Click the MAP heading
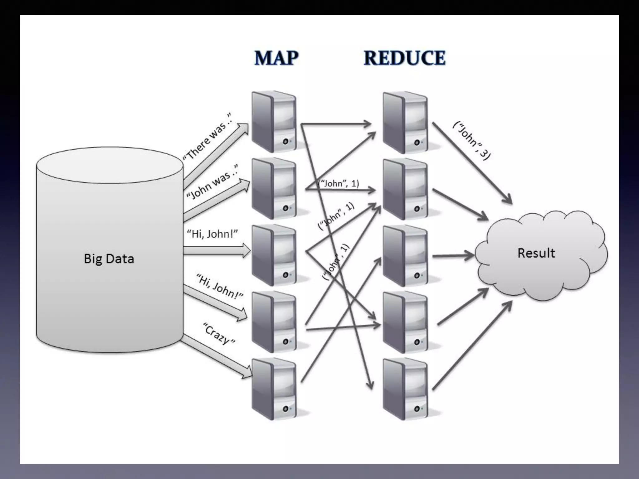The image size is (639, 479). pyautogui.click(x=276, y=58)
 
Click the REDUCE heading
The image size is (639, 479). pyautogui.click(x=405, y=58)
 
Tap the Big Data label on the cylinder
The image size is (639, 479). pyautogui.click(x=109, y=259)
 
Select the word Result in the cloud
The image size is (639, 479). pyautogui.click(x=536, y=253)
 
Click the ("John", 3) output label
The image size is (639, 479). pyautogui.click(x=471, y=141)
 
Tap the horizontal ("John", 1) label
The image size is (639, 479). pyautogui.click(x=338, y=183)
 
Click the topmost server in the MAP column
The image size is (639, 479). pyautogui.click(x=274, y=122)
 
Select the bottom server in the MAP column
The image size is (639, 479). pyautogui.click(x=274, y=389)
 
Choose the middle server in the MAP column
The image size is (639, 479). pyautogui.click(x=274, y=255)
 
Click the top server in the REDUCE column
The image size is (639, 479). pyautogui.click(x=405, y=122)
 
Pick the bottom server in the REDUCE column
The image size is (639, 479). pyautogui.click(x=405, y=389)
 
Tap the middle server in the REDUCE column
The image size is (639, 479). pyautogui.click(x=405, y=256)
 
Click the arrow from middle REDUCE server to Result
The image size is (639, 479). pyautogui.click(x=452, y=256)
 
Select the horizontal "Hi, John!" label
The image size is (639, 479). pyautogui.click(x=212, y=234)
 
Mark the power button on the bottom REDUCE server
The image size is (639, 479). pyautogui.click(x=417, y=409)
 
